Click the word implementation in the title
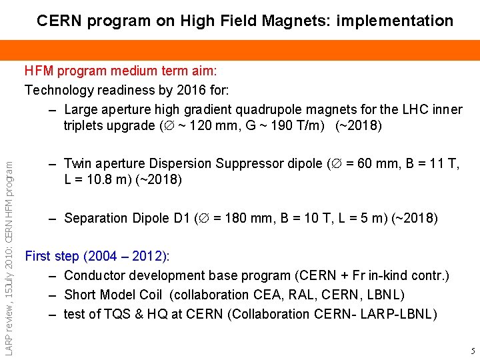pos(395,21)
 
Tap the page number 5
pos(472,351)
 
